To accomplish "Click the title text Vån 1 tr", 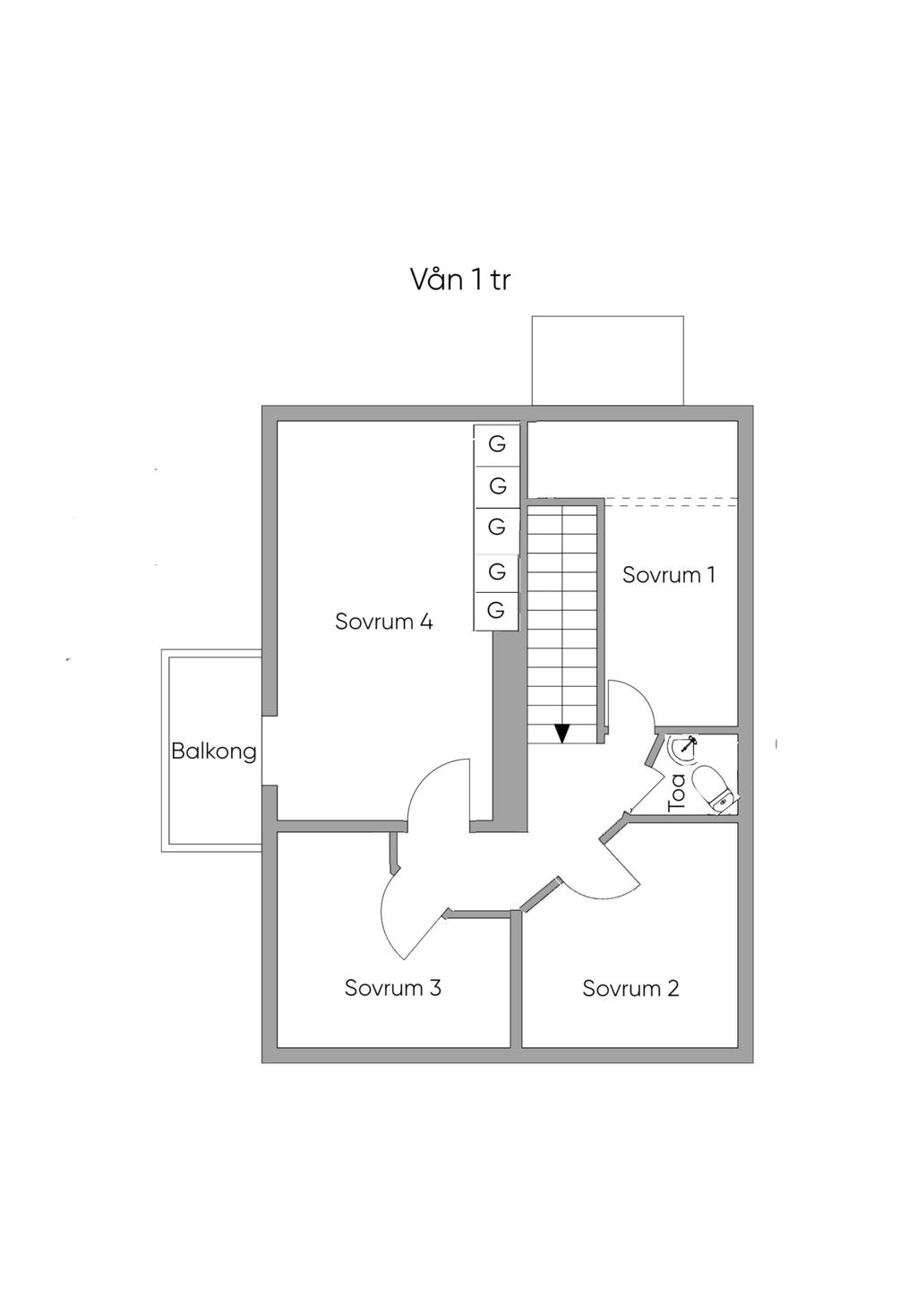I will point(460,279).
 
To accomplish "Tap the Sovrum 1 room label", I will point(668,575).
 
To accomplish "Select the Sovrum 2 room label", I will point(630,989).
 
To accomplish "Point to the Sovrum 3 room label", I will point(392,989).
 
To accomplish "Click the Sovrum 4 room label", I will point(383,622).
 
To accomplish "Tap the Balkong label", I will point(213,752).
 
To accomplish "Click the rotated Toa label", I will point(677,793).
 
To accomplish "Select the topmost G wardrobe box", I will point(496,444).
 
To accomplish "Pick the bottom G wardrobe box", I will point(496,611).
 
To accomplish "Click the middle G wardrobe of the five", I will point(496,528).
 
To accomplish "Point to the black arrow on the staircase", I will point(561,733).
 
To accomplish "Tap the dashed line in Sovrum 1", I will point(672,501).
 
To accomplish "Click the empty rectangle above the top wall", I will point(607,360).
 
